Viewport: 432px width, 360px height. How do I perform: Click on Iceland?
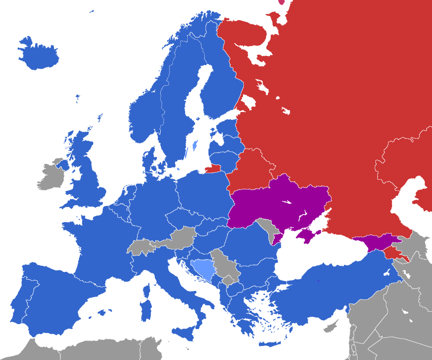(x=38, y=55)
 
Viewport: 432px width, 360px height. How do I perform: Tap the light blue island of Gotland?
(x=194, y=146)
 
